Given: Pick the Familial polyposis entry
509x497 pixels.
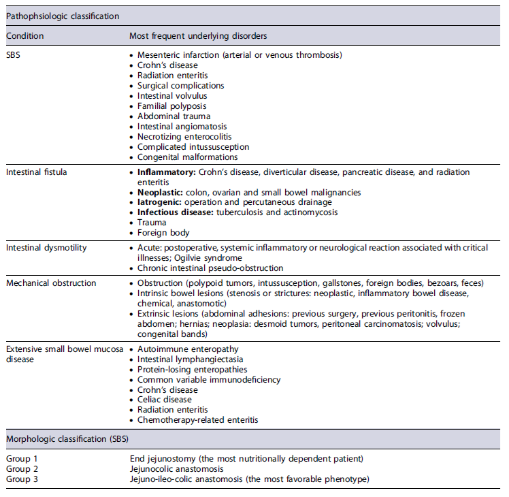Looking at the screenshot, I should click(x=171, y=106).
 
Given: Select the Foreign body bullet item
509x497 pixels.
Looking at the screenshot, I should click(x=164, y=233).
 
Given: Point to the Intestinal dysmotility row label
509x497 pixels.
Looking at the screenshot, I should click(x=46, y=248).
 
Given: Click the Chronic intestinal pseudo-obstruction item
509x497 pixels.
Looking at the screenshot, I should click(x=210, y=268).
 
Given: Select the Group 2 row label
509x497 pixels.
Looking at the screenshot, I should click(x=22, y=469).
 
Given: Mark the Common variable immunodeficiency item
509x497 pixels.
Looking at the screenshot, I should click(x=209, y=380).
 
